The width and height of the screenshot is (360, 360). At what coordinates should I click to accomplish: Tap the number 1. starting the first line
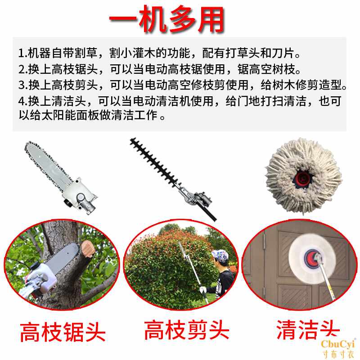coord(22,54)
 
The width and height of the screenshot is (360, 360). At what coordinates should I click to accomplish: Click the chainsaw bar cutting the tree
coord(58,261)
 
